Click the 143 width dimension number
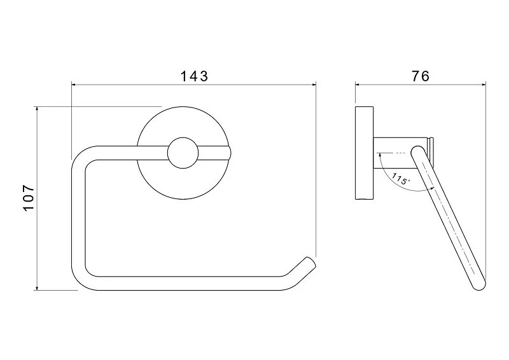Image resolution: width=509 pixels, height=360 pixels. point(194,76)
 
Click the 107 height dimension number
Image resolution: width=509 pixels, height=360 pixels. point(29,198)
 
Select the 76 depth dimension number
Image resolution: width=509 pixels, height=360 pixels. point(421,76)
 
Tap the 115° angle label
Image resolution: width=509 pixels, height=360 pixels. point(401,179)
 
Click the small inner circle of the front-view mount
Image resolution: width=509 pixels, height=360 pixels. point(183,153)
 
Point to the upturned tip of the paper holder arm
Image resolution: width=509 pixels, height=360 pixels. point(310,262)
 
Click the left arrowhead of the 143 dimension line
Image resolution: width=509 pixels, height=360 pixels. point(73,85)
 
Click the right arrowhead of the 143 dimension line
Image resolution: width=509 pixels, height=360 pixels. point(314,85)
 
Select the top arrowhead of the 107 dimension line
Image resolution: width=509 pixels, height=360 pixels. point(37,109)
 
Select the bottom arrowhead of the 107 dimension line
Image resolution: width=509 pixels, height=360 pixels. point(37,287)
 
